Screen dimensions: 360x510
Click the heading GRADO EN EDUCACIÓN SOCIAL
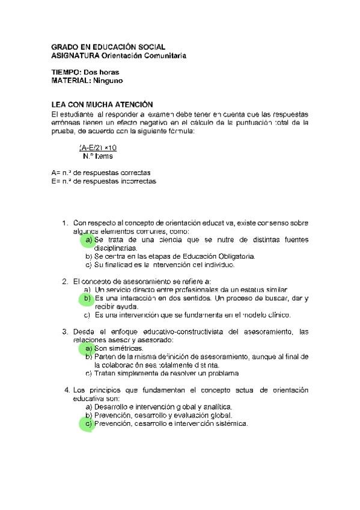tap(108, 46)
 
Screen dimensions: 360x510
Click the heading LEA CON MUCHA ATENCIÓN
tap(102, 105)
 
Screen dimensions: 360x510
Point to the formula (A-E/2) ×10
tap(98, 147)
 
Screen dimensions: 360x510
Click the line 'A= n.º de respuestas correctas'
tap(100, 173)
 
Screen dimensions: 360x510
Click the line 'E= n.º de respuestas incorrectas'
tap(103, 181)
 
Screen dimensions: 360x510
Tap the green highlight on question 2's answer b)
tap(87, 298)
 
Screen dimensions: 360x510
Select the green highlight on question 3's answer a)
tap(88, 348)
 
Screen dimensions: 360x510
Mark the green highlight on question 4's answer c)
tap(88, 423)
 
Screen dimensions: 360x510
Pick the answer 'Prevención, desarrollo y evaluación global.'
tap(163, 415)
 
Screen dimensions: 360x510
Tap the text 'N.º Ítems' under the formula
tap(98, 156)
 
